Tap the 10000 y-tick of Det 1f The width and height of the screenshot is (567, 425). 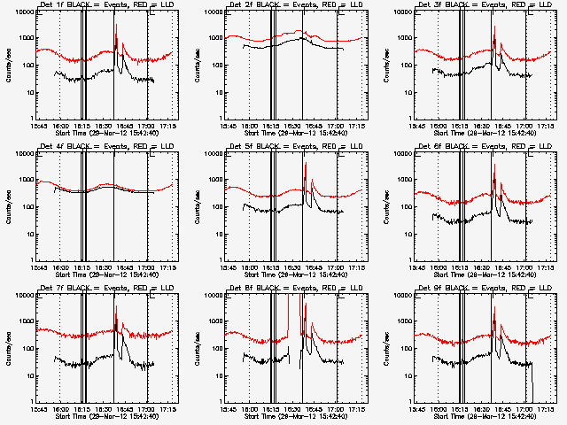[x=25, y=13]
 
